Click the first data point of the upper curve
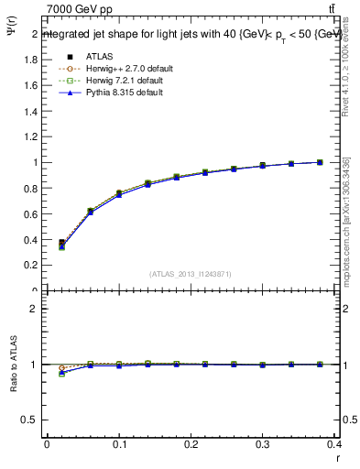61,244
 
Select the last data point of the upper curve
320,162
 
